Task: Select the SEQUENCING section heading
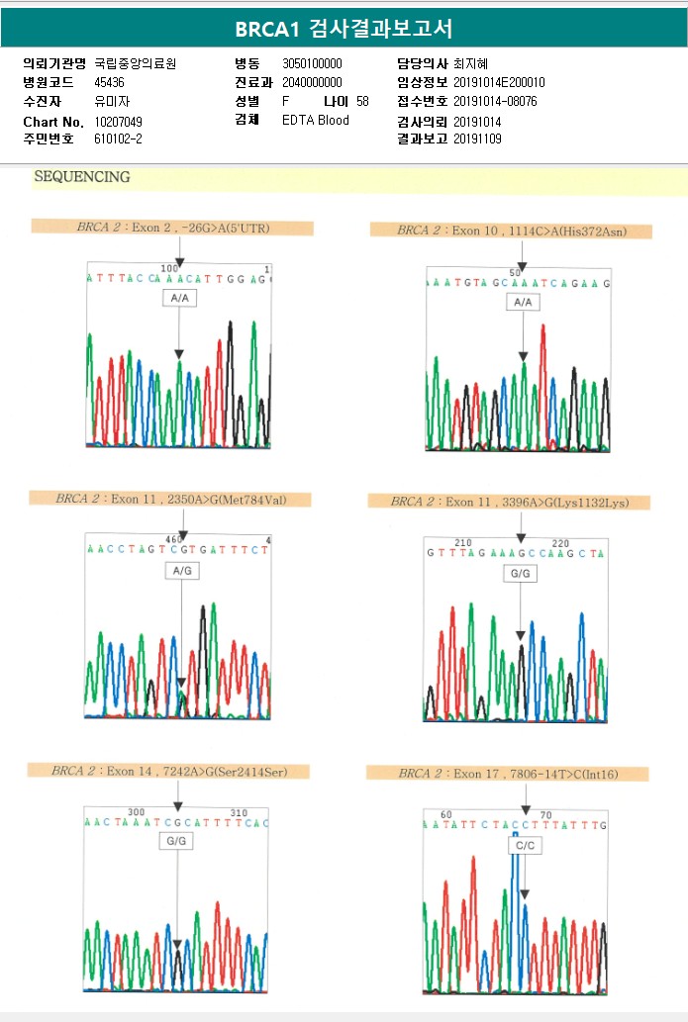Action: tap(82, 177)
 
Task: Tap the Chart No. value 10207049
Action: tap(119, 121)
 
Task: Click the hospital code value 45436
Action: tap(109, 82)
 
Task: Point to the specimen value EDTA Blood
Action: tap(316, 121)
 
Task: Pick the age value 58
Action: tap(362, 101)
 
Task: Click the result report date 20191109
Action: tap(477, 139)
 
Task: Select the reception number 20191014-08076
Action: tap(495, 101)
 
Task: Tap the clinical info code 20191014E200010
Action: tap(499, 82)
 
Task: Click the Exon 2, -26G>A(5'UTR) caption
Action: tap(173, 228)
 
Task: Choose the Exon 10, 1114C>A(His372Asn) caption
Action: tap(512, 231)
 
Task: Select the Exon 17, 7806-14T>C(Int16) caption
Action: tap(508, 774)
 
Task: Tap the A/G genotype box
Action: tap(181, 572)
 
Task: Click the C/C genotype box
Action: tap(524, 846)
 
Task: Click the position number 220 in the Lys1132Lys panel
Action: tap(559, 543)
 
